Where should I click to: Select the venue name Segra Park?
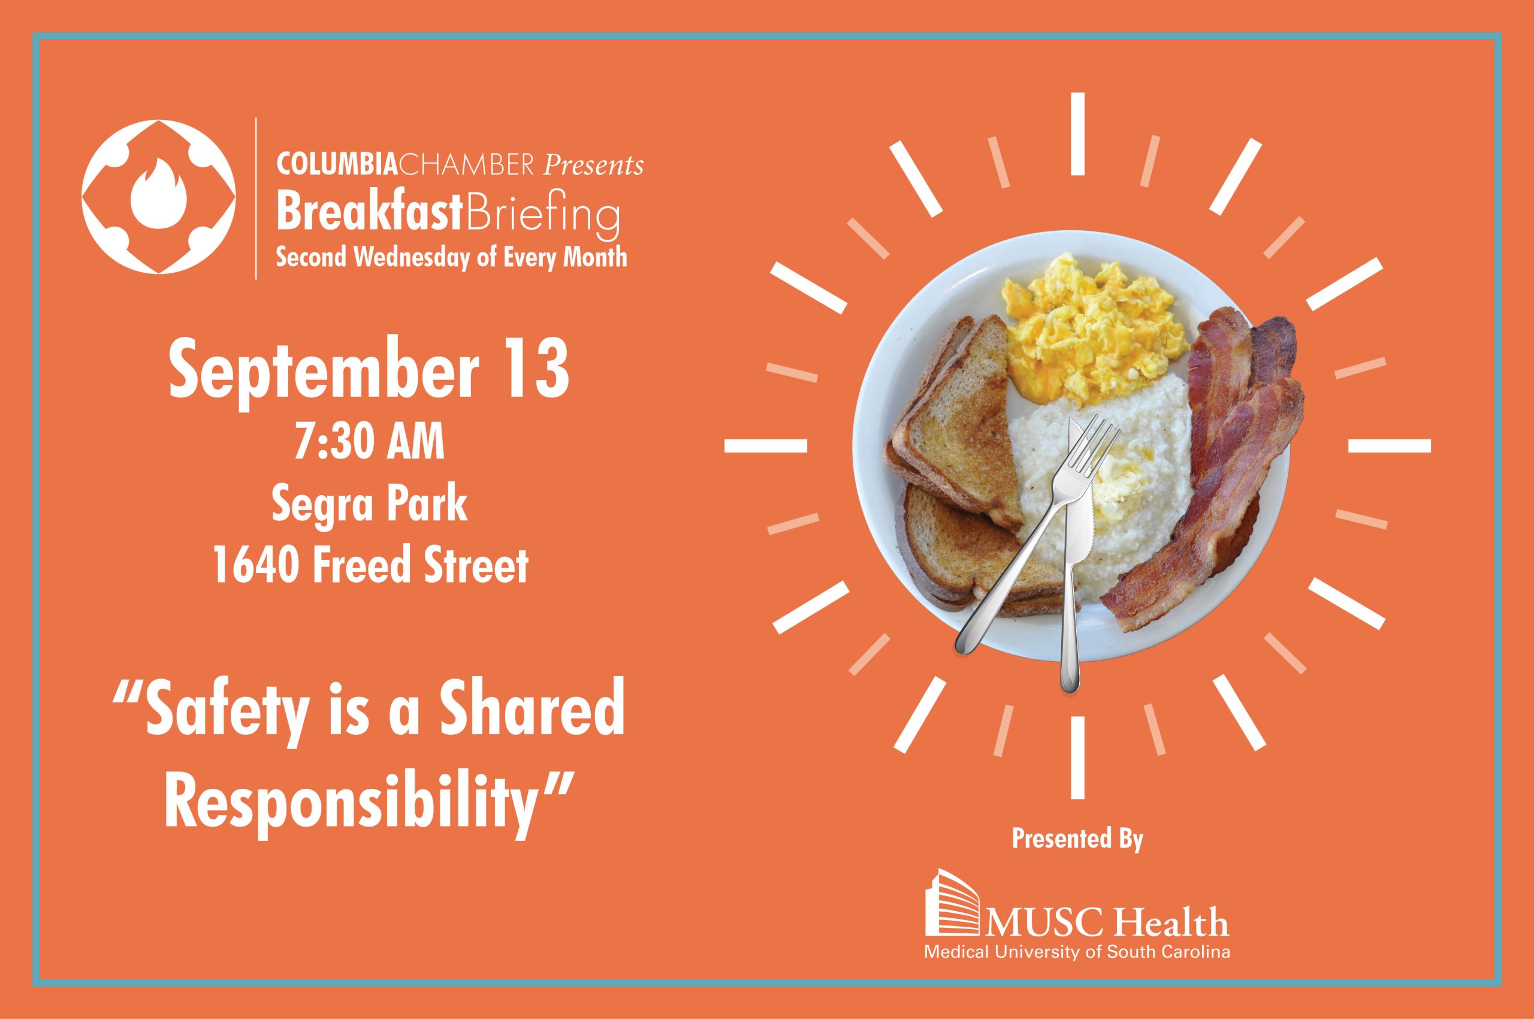point(370,505)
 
